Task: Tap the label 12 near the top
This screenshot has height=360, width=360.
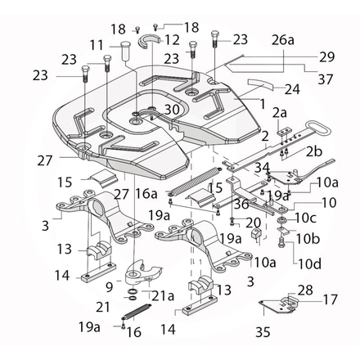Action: click(172, 38)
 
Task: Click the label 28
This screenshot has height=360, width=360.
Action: click(304, 290)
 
